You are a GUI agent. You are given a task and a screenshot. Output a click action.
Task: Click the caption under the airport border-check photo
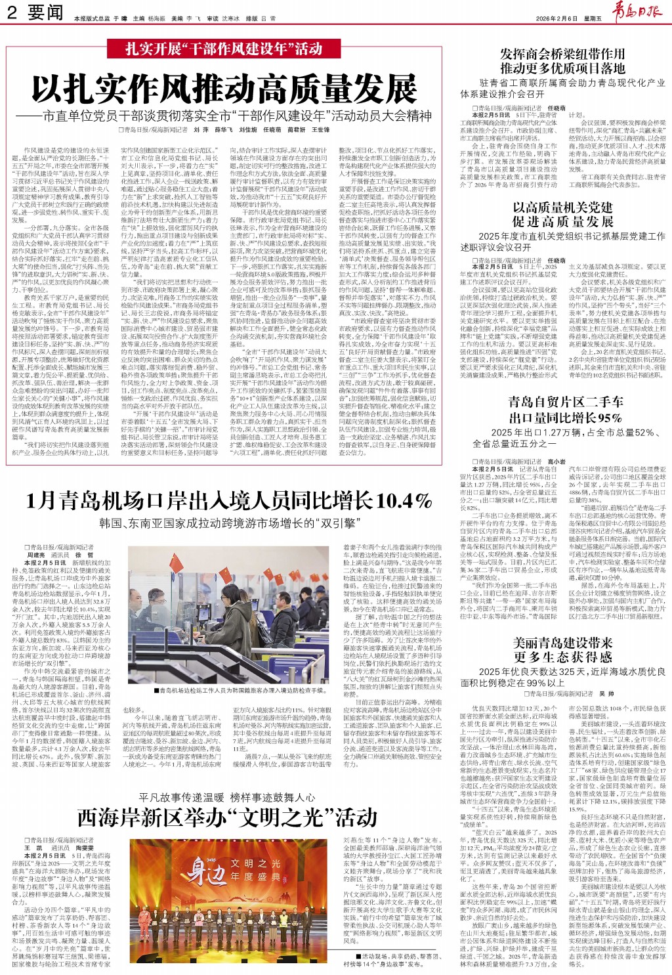pos(242,691)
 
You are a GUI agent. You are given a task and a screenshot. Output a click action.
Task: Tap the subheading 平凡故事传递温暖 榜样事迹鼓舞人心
pos(227,798)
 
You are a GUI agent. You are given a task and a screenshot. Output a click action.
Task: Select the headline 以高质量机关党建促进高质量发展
pos(562,214)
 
